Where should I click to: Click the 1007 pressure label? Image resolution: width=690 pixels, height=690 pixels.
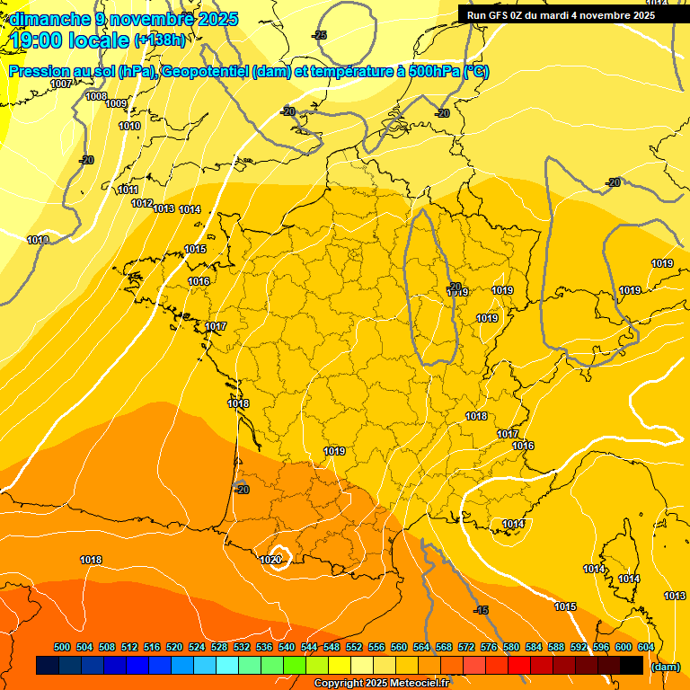(x=61, y=84)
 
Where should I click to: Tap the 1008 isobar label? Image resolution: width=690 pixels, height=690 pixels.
(x=96, y=96)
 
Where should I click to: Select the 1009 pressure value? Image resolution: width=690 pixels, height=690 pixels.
(x=116, y=104)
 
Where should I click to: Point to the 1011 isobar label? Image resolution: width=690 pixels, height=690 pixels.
(x=128, y=190)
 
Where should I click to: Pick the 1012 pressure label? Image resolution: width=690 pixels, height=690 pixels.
(x=142, y=204)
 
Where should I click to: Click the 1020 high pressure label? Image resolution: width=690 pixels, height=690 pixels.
(x=270, y=560)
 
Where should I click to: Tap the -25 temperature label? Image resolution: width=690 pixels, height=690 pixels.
(x=319, y=35)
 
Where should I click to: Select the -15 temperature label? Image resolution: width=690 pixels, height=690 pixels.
(x=482, y=610)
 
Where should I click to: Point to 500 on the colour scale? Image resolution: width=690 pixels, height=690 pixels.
(x=62, y=647)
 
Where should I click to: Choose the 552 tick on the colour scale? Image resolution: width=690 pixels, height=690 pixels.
(x=354, y=647)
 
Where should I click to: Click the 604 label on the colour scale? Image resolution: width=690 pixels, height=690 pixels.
(x=646, y=647)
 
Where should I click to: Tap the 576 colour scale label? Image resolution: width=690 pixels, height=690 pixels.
(x=489, y=647)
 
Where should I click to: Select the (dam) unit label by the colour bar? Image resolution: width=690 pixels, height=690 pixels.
(x=665, y=667)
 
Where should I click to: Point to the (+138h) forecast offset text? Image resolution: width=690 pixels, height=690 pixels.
(x=159, y=40)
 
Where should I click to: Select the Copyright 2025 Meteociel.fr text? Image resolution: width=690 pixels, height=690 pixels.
(x=382, y=684)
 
